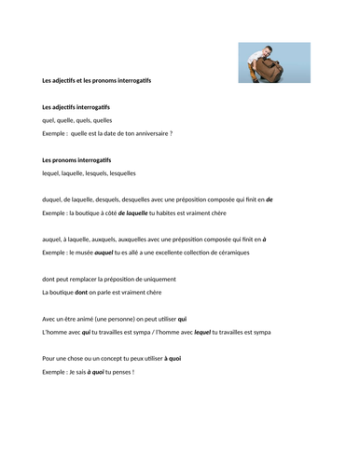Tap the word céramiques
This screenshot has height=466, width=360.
244,252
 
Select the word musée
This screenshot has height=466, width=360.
90,252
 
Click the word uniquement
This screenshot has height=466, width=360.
154,279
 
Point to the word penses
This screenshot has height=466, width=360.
119,372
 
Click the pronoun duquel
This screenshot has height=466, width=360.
54,199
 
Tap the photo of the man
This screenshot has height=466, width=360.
270,62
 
